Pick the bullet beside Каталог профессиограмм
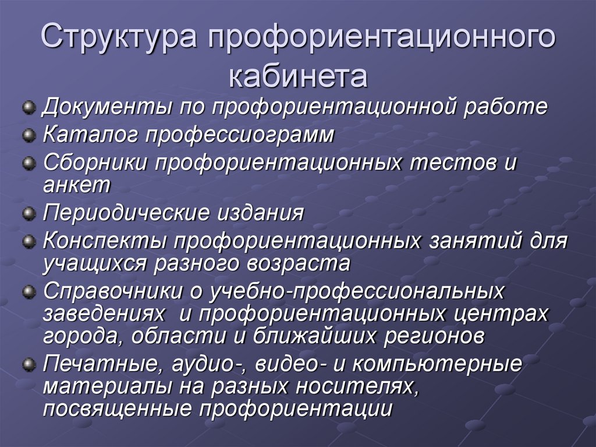pyautogui.click(x=28, y=136)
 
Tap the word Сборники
pyautogui.click(x=94, y=163)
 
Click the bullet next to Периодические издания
pyautogui.click(x=28, y=213)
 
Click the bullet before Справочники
pyautogui.click(x=28, y=291)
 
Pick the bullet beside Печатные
pyautogui.click(x=28, y=364)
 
